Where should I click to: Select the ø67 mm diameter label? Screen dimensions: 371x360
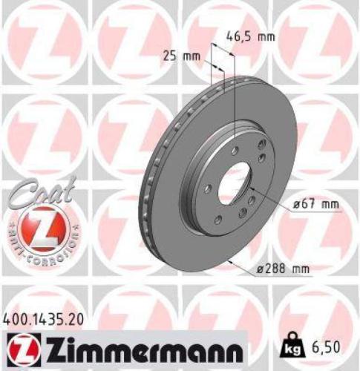point(305,203)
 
